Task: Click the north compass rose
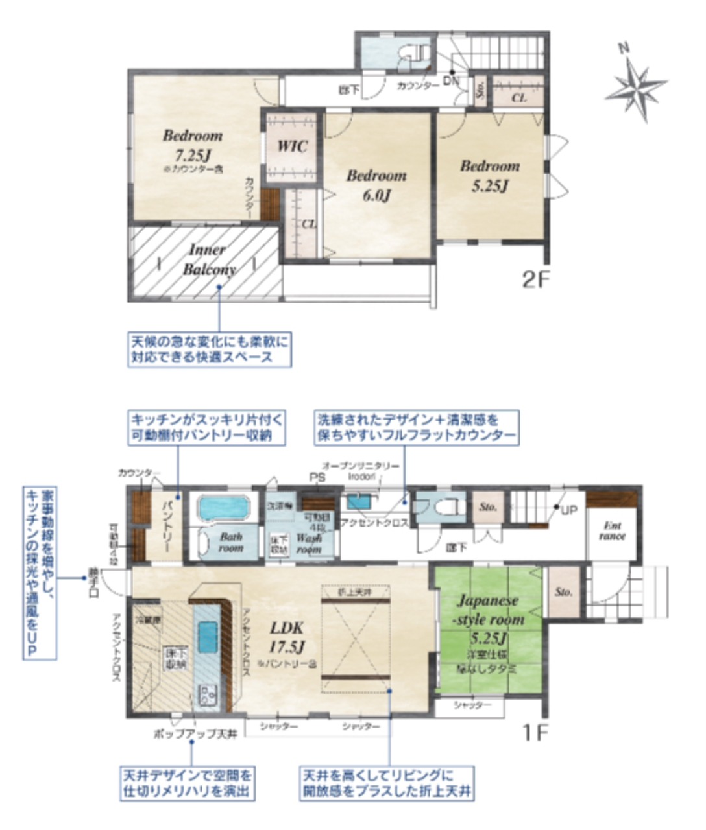635,82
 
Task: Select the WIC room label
292,146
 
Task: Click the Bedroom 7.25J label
192,146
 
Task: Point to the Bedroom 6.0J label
376,184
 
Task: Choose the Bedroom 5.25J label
490,175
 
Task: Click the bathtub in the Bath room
223,508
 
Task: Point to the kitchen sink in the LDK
208,636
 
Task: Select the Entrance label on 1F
612,531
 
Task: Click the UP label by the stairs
568,510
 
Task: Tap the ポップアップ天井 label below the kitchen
195,733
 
